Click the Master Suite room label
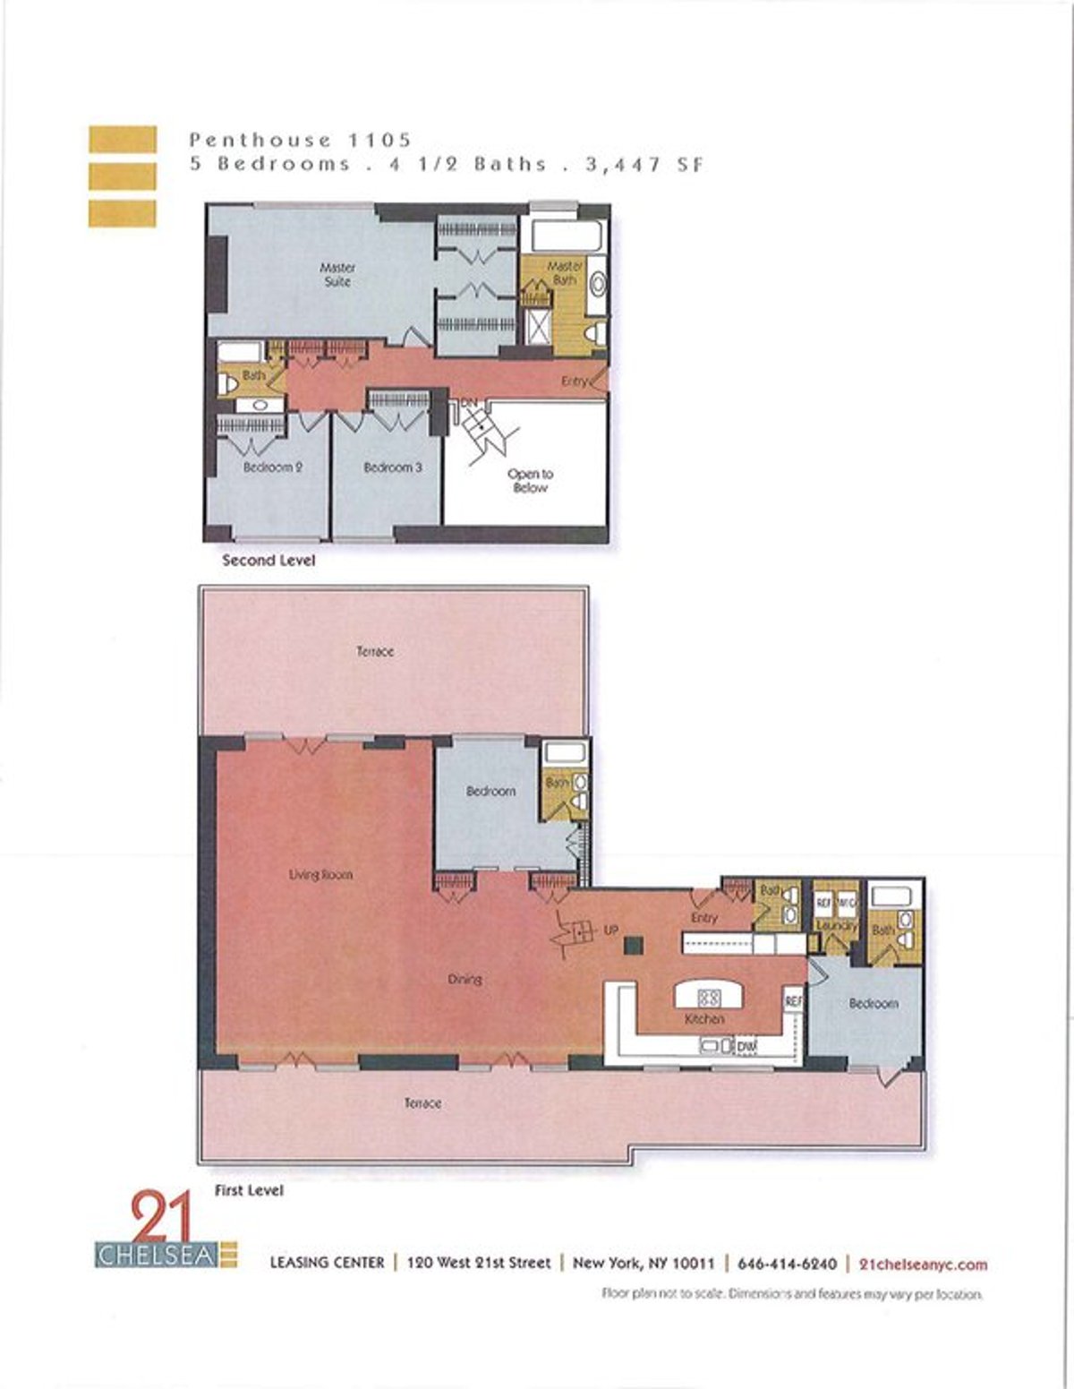coord(337,274)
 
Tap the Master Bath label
coord(564,273)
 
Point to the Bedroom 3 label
coord(392,467)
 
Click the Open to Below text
coord(530,481)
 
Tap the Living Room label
coord(320,875)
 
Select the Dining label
coord(465,979)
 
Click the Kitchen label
coord(704,1019)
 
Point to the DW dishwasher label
coord(746,1045)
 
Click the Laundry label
coord(835,925)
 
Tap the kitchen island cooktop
coord(709,996)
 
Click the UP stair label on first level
coord(611,930)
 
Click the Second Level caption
coord(268,561)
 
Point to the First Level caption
coord(249,1190)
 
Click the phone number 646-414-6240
coord(787,1264)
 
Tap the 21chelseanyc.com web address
coord(923,1264)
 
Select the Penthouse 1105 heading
coord(300,140)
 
